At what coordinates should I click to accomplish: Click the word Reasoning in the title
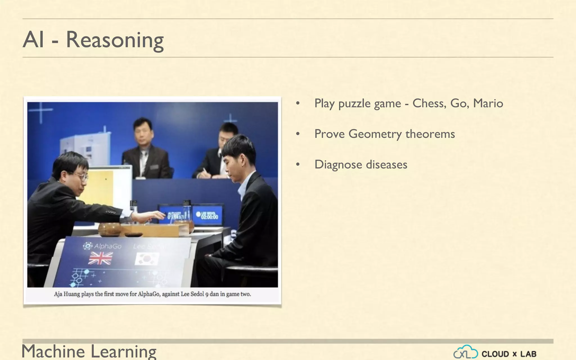pyautogui.click(x=114, y=40)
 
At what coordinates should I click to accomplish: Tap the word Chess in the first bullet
pyautogui.click(x=429, y=103)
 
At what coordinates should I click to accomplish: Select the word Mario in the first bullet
pyautogui.click(x=488, y=103)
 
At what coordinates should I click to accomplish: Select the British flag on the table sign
pyautogui.click(x=100, y=258)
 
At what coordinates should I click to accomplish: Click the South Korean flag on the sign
pyautogui.click(x=147, y=258)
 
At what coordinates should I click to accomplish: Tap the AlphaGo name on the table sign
pyautogui.click(x=103, y=246)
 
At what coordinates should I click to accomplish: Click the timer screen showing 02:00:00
pyautogui.click(x=207, y=215)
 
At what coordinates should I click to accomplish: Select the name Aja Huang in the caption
pyautogui.click(x=67, y=294)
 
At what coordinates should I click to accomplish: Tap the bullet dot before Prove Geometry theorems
pyautogui.click(x=298, y=134)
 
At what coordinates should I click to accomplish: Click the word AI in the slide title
pyautogui.click(x=33, y=40)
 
